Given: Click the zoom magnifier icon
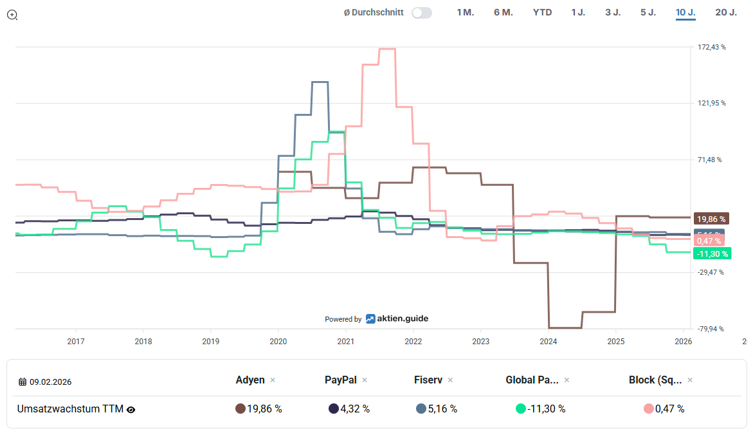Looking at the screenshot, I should [x=12, y=15].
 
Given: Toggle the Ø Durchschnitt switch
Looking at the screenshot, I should [x=422, y=12].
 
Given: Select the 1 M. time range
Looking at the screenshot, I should [x=465, y=12].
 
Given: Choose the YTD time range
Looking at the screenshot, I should [x=542, y=12].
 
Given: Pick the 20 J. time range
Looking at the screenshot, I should [x=726, y=12].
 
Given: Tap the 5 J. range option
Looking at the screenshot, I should [x=648, y=12].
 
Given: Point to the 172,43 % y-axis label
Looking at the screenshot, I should [x=711, y=47].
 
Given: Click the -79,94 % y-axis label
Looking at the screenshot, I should [x=711, y=329].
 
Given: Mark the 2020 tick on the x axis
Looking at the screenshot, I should [x=278, y=341].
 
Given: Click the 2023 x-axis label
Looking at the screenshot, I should [x=480, y=341].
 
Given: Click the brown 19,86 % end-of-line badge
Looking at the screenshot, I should [x=712, y=219].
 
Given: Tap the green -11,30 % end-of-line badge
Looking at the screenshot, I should [x=712, y=253].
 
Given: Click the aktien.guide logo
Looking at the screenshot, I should [x=397, y=318].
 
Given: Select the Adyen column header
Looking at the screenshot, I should [x=250, y=380].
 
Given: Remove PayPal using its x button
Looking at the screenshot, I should [x=365, y=380].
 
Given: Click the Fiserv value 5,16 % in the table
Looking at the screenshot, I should [x=442, y=409].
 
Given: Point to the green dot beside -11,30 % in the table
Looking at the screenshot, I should [x=521, y=409].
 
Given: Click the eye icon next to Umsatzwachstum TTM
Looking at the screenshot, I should [x=131, y=409].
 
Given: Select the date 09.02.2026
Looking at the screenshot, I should [x=50, y=382].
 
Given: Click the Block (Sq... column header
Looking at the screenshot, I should [x=655, y=380].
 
